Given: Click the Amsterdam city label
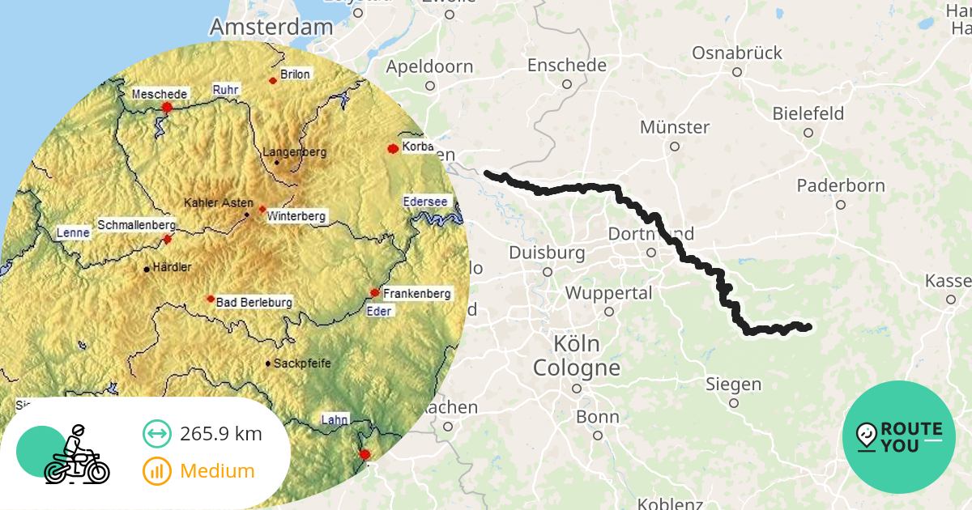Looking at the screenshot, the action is pos(271,27).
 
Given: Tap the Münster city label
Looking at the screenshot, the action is pos(675,127).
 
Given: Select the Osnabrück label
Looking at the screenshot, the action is pos(737,53).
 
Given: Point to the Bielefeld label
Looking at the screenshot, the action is pos(808,113).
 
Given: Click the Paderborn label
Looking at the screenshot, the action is pos(841,185).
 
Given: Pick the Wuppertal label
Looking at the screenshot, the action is pos(609,292).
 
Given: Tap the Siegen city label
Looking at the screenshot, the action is pos(734,384).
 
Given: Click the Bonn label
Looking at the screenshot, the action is pos(598,418).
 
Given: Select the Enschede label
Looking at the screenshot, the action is pos(567,65).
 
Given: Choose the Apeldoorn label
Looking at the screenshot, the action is pos(430,66).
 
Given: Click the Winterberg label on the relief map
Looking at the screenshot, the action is pos(297,216).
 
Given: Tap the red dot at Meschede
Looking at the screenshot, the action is pos(167,107).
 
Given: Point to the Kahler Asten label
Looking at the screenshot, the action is pos(219,202).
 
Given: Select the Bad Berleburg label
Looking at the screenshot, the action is pos(254,302).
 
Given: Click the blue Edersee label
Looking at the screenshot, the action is pos(425,201).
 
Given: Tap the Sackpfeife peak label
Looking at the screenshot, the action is pos(302,363).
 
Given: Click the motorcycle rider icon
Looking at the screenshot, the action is pos(75,454).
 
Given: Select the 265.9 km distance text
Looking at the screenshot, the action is pos(221,434).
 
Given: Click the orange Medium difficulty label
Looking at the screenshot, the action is pos(217,470).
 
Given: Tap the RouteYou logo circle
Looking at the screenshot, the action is pos(899,437).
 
